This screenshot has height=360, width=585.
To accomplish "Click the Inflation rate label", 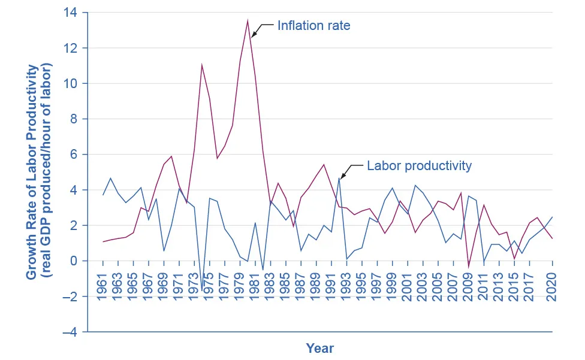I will [x=313, y=26].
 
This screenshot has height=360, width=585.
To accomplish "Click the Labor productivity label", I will [x=419, y=166].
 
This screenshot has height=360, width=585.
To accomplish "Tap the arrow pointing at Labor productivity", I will [x=351, y=170].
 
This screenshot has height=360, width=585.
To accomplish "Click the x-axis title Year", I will [x=319, y=348].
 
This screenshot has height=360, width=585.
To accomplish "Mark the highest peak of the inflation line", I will [x=248, y=20].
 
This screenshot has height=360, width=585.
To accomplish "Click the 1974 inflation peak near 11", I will [x=202, y=64].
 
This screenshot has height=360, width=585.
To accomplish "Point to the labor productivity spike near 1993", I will [x=339, y=178].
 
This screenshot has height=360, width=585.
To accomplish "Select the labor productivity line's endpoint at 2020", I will [x=552, y=217].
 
